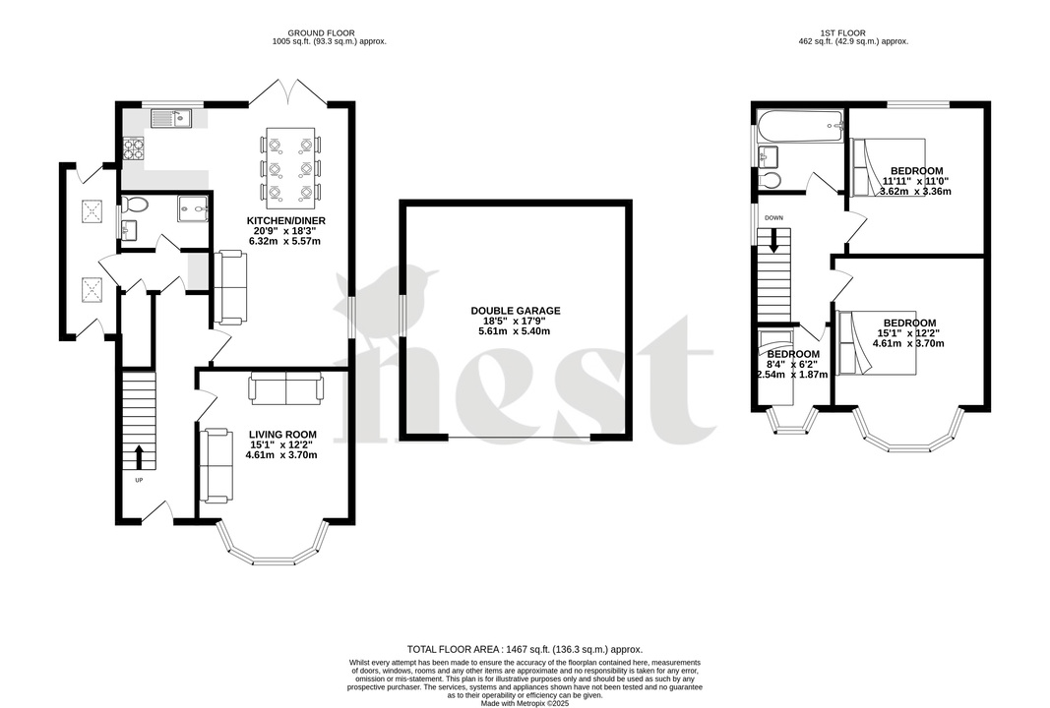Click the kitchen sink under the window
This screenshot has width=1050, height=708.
pos(171,119)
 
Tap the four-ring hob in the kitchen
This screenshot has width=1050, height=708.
pos(133,149)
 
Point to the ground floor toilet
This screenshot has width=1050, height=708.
pos(136,205)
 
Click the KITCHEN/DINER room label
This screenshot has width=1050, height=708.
pos(287,220)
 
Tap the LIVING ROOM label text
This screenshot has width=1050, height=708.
pos(281,435)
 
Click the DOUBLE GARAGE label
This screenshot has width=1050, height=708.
pos(515,311)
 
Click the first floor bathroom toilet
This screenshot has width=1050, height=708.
pos(771,180)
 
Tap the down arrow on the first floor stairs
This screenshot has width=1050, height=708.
pos(773,240)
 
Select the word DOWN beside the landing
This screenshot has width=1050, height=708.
pos(773,218)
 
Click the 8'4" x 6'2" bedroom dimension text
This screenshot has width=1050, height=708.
pos(792,365)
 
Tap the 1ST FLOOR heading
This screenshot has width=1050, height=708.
pos(852,32)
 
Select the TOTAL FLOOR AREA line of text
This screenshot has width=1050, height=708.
pos(525,650)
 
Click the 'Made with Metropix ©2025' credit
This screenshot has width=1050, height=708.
pos(525,702)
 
